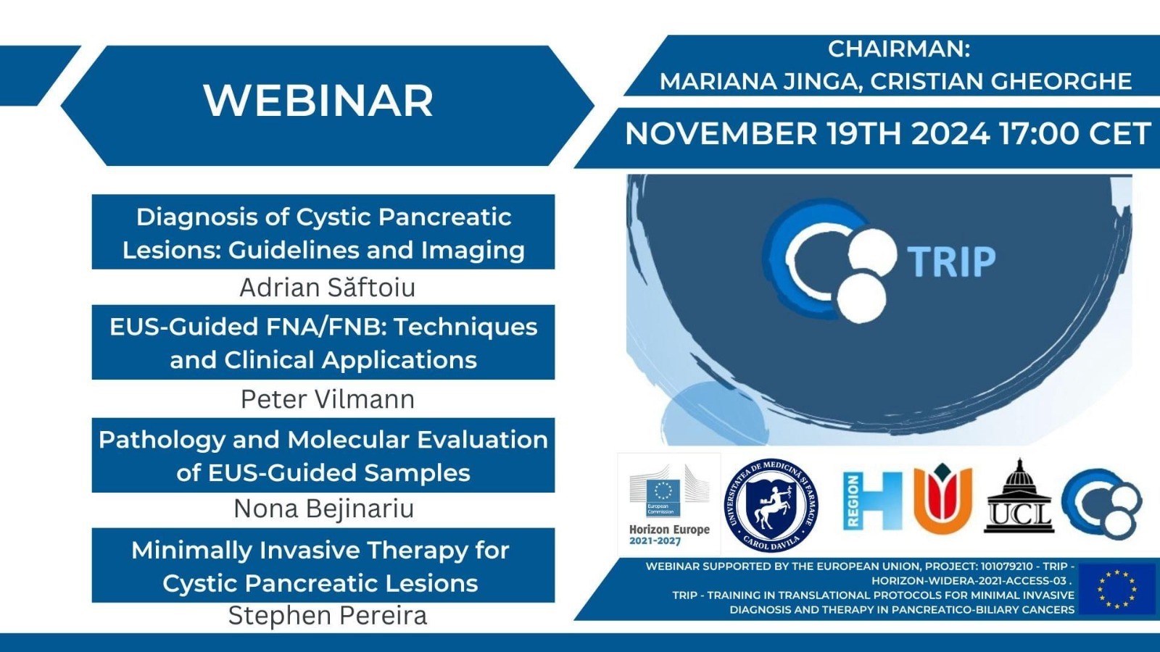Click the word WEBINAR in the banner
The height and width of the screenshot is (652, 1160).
(318, 101)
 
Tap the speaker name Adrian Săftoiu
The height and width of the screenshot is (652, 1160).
(327, 288)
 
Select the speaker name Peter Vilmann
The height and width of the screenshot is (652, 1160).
(327, 399)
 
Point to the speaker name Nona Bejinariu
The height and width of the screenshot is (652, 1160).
(323, 509)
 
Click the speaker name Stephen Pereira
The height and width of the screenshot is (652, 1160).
(327, 616)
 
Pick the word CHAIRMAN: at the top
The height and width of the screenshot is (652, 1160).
(899, 49)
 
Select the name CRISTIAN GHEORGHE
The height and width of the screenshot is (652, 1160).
(1001, 82)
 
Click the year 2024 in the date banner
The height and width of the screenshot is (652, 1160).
(950, 133)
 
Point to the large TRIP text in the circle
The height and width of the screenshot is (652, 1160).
(951, 262)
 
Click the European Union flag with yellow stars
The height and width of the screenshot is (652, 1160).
(1117, 588)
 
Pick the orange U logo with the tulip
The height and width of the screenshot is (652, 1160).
(942, 498)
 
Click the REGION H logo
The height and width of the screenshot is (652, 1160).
(873, 501)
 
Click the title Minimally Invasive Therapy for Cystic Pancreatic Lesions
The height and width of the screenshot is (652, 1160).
(321, 566)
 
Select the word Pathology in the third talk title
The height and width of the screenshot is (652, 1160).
(162, 440)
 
